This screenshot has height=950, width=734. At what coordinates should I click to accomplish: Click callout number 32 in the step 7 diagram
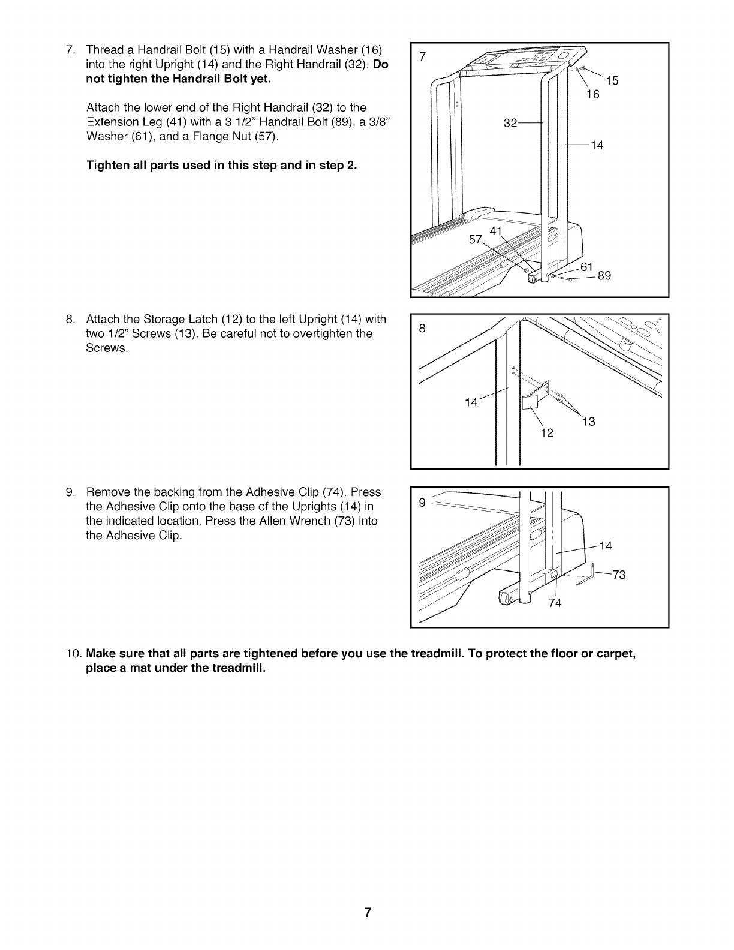coord(510,124)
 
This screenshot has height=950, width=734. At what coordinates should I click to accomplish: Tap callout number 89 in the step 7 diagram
coord(604,276)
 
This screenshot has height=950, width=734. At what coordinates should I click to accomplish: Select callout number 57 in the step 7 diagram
coord(476,240)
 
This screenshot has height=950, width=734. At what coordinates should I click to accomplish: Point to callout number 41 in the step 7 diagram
coord(496,231)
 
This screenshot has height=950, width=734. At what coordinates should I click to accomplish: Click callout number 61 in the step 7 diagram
coord(588,266)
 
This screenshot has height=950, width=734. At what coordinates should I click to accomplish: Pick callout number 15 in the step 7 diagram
coord(612,82)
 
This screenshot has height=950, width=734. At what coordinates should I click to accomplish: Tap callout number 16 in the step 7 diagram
coord(592,94)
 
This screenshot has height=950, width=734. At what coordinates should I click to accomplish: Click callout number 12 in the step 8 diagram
coord(546,433)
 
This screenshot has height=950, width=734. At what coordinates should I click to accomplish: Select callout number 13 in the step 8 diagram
coord(589,422)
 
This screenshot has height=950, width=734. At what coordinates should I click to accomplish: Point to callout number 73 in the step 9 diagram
coord(619,575)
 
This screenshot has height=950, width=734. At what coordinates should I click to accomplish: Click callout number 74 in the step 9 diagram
coord(555,603)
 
